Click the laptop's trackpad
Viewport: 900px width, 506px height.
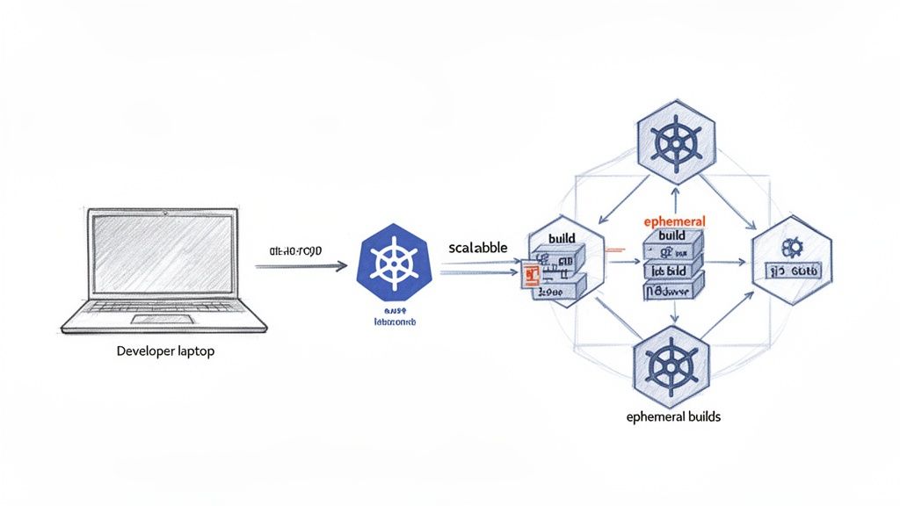tap(163, 320)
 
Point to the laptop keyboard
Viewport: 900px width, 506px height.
tap(164, 307)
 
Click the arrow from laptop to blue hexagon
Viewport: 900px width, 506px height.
tap(299, 264)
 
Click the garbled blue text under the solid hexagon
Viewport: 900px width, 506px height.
tap(390, 317)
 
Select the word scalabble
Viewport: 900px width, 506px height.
tap(477, 249)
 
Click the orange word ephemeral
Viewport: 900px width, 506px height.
tap(676, 223)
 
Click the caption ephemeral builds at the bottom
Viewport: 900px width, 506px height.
tap(674, 416)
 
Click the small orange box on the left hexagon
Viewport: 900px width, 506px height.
tap(531, 273)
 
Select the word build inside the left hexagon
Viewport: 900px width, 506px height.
tap(561, 238)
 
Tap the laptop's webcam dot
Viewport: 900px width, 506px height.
tap(164, 212)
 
